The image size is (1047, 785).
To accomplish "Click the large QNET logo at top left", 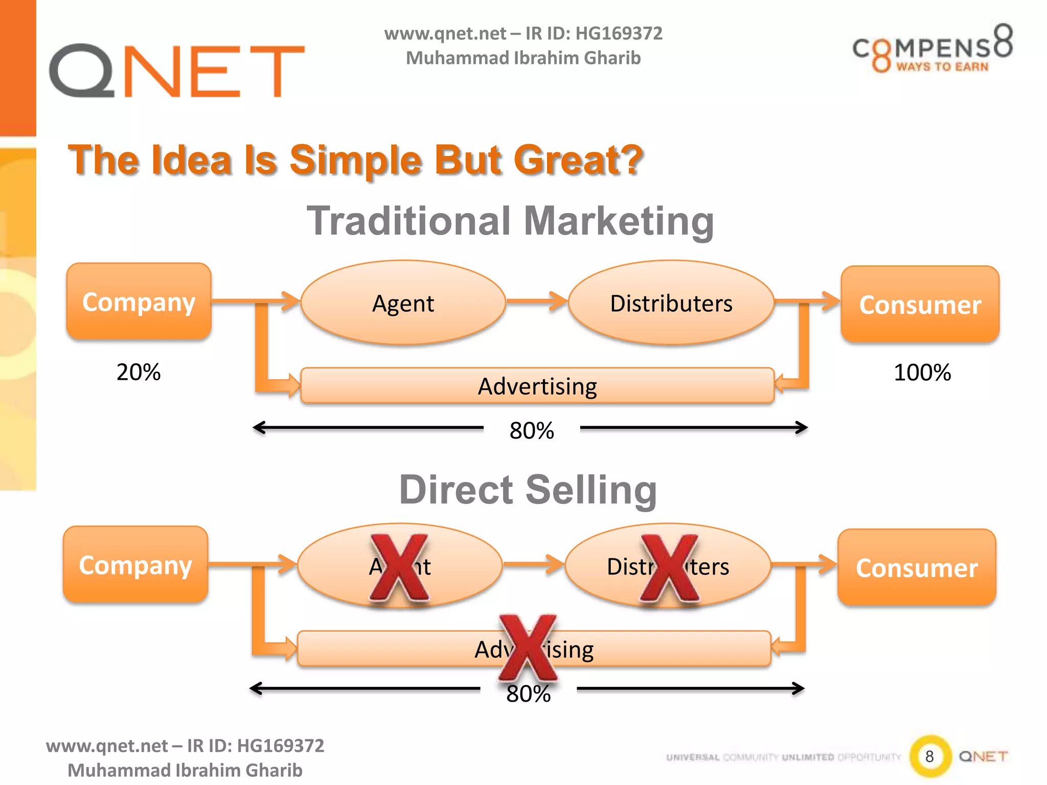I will click(x=176, y=70).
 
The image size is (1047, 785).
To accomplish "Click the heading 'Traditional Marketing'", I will click(x=510, y=221).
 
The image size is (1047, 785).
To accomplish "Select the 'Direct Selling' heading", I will click(x=528, y=490).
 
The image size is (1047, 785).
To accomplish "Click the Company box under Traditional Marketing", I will click(x=139, y=302).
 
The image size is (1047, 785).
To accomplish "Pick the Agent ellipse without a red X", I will click(x=403, y=303).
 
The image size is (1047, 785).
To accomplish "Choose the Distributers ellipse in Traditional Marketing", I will click(x=671, y=303).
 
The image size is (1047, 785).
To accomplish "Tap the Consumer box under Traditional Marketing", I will click(x=920, y=305).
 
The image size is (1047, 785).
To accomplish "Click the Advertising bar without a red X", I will click(x=537, y=386).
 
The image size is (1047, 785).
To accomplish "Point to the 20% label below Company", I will click(x=139, y=372).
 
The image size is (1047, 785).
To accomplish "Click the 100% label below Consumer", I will click(x=922, y=373).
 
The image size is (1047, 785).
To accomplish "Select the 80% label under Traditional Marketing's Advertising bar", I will click(x=532, y=430).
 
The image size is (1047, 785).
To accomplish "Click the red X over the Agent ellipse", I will click(x=399, y=567).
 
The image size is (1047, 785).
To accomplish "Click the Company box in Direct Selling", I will click(x=135, y=565).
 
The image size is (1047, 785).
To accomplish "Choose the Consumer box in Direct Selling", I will click(x=917, y=568).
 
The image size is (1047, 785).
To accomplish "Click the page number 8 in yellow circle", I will click(x=929, y=756).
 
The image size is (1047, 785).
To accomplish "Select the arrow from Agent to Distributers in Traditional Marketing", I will click(x=537, y=301).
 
